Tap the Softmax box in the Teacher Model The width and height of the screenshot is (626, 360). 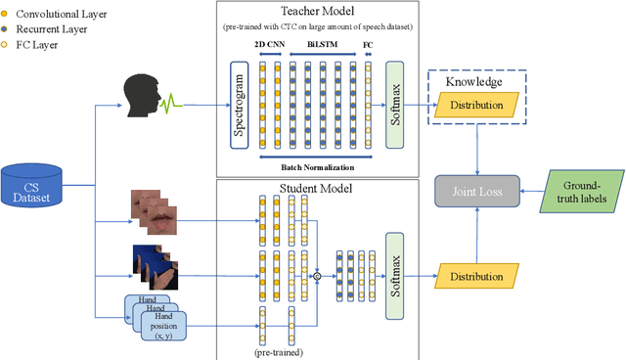[396, 101]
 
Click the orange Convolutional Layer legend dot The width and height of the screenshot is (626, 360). [6, 15]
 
